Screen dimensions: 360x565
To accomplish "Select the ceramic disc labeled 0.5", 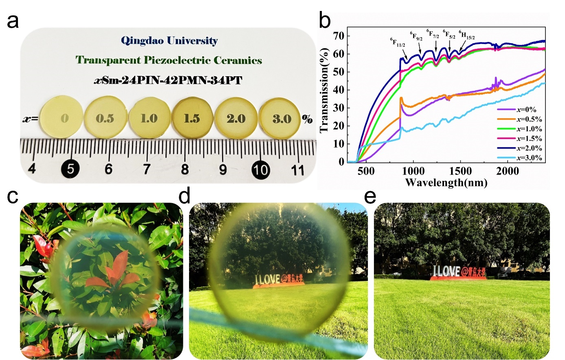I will click(x=105, y=118).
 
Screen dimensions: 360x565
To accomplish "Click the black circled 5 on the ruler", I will click(x=70, y=168).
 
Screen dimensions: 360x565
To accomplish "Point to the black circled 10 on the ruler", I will click(x=260, y=169).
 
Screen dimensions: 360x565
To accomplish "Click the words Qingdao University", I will click(x=169, y=41).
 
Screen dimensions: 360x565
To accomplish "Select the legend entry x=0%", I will click(x=526, y=110).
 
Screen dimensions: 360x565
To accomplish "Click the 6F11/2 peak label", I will click(x=398, y=42).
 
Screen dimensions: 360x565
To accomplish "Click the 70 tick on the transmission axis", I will click(x=339, y=36).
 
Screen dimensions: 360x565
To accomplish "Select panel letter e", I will click(x=370, y=196).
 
